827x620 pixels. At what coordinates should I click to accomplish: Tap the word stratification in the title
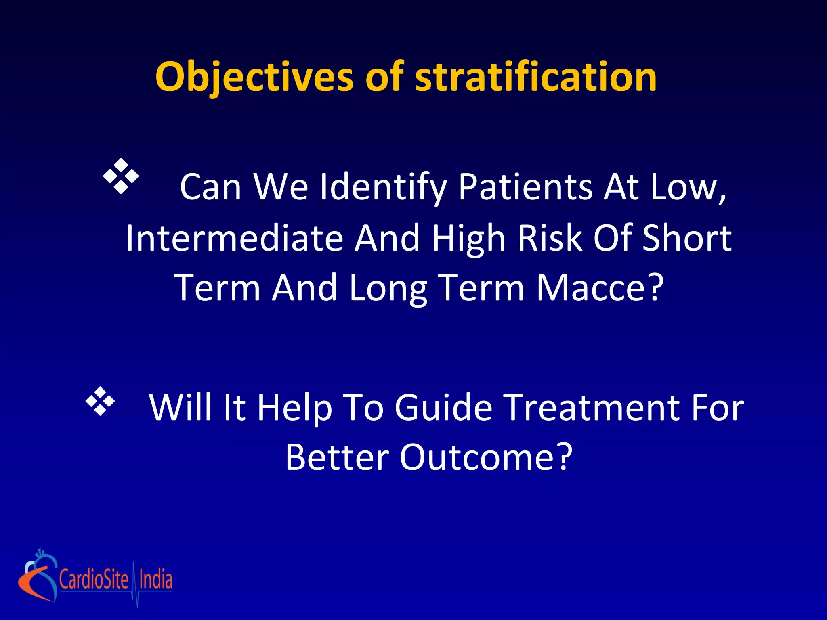(536, 77)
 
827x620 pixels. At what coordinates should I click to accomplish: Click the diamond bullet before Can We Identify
(121, 176)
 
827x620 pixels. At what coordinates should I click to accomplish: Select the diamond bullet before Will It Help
(100, 401)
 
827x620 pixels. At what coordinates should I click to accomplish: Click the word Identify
(383, 187)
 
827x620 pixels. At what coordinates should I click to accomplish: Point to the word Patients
(525, 187)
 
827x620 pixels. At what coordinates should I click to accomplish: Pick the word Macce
(599, 288)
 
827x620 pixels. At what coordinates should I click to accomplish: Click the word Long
(388, 288)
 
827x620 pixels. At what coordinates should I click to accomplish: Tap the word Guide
(443, 408)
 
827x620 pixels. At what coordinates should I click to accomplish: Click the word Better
(337, 457)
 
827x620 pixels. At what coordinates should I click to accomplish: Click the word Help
(295, 408)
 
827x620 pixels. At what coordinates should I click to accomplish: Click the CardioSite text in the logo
(94, 580)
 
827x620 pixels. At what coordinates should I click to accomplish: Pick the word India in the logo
(155, 580)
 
